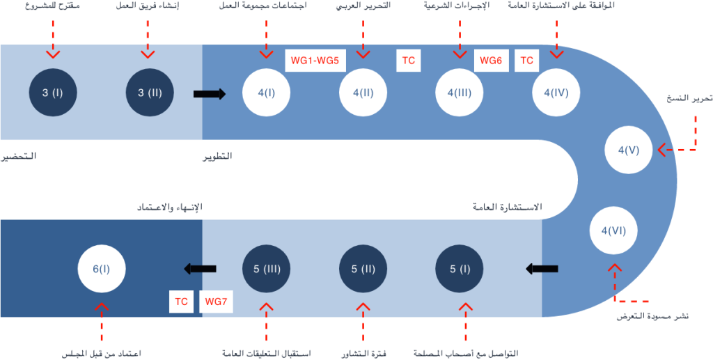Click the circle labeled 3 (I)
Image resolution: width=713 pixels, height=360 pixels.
click(53, 93)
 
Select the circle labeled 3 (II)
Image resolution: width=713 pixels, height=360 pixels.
click(150, 93)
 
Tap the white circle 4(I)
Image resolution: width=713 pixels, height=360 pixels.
click(267, 93)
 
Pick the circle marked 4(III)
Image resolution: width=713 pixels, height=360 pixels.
click(460, 93)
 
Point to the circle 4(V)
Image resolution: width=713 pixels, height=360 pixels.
click(629, 150)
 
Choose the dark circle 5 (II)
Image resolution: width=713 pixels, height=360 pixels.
click(363, 269)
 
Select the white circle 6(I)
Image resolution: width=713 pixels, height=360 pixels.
click(102, 269)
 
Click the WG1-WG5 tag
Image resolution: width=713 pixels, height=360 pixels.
click(315, 61)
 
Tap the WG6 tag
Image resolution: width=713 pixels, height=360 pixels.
click(491, 61)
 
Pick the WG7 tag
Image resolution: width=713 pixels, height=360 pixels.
click(216, 302)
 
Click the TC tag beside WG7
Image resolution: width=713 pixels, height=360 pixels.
click(182, 302)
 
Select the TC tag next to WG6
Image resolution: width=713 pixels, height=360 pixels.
click(526, 61)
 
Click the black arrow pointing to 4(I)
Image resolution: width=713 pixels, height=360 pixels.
click(210, 93)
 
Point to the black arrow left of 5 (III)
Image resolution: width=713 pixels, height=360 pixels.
click(200, 269)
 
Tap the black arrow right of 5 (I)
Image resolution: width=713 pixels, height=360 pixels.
click(542, 269)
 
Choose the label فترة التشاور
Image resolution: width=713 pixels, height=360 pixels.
click(363, 353)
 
